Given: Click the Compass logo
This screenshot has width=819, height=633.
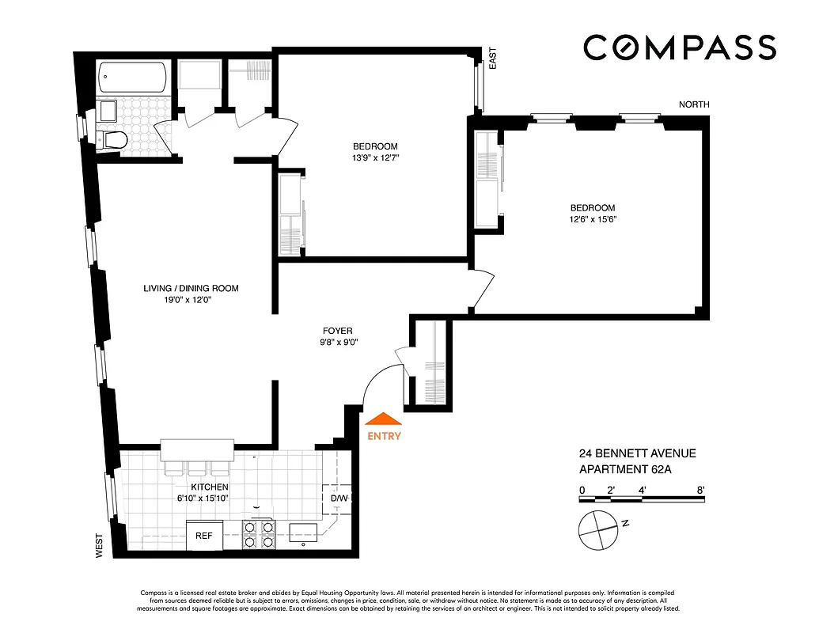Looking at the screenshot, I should tap(680, 47).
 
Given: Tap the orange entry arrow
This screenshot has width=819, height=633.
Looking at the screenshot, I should tap(384, 420).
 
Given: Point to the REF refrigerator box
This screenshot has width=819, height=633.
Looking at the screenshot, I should tap(204, 535).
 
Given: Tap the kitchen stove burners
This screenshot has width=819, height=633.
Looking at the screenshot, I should tap(260, 534).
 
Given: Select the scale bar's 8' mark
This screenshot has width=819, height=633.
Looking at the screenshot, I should tap(701, 491).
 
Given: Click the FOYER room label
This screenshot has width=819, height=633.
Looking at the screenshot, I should tap(337, 331).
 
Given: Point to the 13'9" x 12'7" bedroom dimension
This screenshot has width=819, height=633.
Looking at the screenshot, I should tap(375, 158).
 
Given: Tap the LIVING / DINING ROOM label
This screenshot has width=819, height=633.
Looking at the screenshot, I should tap(191, 288).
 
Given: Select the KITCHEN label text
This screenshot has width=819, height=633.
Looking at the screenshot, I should tap(210, 487).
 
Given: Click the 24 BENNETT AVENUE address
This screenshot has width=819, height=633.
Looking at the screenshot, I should tap(637, 453).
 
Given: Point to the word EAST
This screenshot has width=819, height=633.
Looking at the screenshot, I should tap(492, 58).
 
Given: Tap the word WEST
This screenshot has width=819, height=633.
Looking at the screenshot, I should tap(100, 545).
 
